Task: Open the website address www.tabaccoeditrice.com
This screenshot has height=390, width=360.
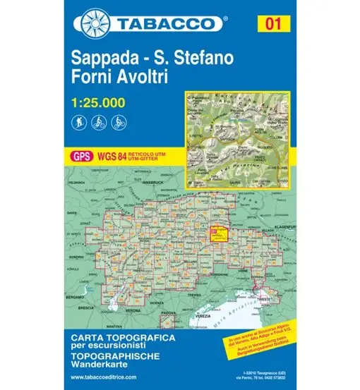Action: (x=109, y=378)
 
